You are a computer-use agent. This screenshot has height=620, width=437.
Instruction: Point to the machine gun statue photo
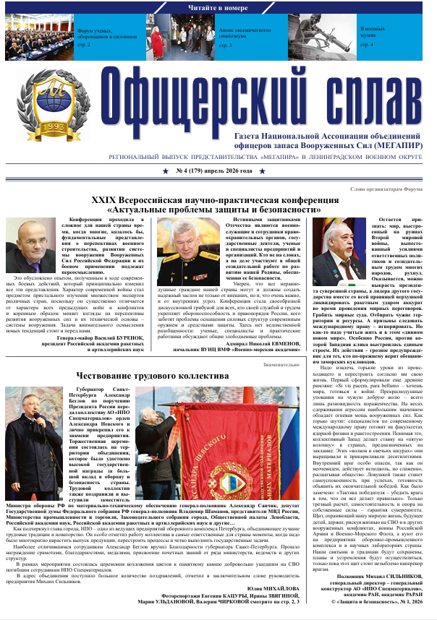(339, 36)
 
